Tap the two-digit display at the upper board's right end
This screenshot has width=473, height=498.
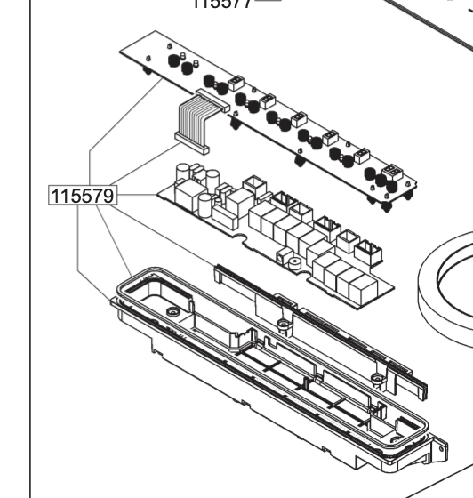390,170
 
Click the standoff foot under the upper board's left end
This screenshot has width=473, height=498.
146,74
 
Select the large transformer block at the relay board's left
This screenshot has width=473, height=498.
188,194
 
